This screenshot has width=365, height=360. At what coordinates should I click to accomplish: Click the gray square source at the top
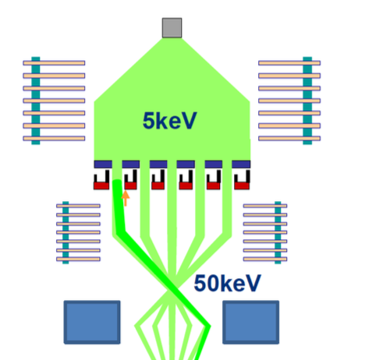172,28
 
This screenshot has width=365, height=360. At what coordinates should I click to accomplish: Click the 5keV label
169,121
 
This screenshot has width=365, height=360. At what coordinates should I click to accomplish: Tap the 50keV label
227,284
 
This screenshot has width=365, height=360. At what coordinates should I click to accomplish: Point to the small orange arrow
126,199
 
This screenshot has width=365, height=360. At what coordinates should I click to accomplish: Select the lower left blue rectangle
92,322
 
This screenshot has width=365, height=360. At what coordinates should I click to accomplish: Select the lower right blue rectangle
251,322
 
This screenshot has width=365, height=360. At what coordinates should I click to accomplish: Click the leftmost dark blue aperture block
103,164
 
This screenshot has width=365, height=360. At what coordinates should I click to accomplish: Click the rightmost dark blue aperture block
241,164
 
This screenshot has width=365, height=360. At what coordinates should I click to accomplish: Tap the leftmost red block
101,185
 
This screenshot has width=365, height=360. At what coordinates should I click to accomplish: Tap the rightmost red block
242,185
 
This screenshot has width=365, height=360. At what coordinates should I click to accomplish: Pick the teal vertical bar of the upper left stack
36,101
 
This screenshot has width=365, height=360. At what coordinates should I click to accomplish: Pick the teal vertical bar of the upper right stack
307,101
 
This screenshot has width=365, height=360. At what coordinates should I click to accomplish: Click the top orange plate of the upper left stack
54,63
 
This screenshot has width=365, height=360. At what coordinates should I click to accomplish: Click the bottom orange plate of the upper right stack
289,138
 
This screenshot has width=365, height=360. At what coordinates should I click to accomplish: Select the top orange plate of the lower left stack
78,206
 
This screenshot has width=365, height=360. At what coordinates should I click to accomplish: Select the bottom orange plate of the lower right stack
265,259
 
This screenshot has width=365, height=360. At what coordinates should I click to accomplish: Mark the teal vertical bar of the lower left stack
66,232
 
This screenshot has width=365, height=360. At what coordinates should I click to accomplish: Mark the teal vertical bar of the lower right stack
278,232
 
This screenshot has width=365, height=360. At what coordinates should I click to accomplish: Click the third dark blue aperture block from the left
158,164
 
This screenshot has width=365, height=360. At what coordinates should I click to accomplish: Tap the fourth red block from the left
186,185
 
